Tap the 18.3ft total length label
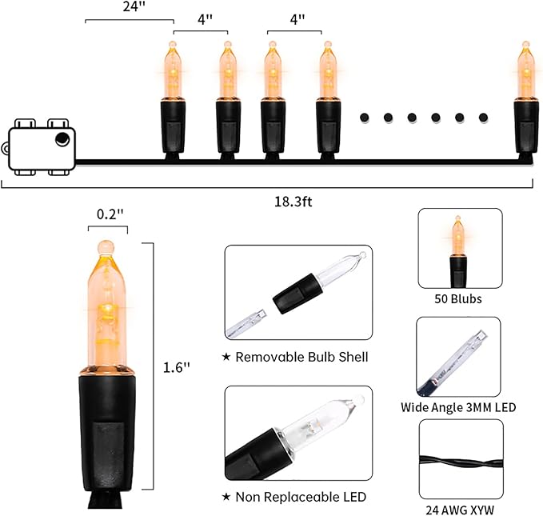[x=293, y=202]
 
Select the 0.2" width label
[x=110, y=214]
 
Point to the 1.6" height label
[x=176, y=367]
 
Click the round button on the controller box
[x=62, y=139]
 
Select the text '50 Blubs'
[x=457, y=298]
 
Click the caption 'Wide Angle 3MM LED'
[x=458, y=407]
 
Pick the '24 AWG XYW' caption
[x=460, y=510]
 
